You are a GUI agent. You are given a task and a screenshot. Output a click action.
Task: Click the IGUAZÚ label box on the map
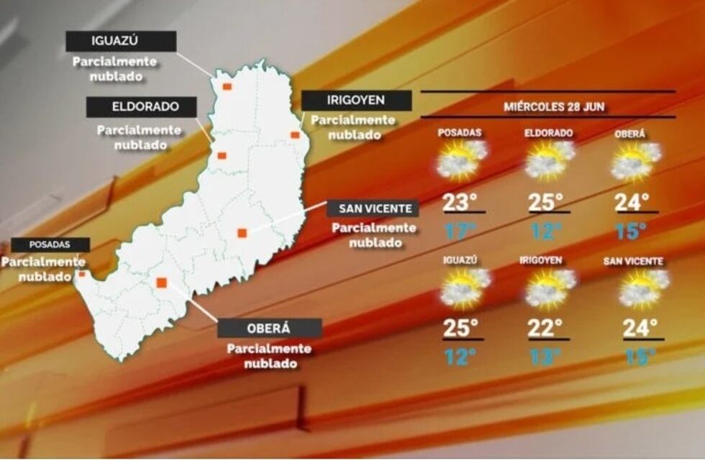[121, 41]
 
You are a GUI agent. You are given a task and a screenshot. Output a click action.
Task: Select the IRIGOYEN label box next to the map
[356, 101]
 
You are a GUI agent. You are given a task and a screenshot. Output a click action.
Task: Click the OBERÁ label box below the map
[270, 328]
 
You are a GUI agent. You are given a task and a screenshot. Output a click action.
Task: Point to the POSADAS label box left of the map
[50, 244]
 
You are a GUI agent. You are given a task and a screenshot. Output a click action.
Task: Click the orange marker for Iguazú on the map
[227, 86]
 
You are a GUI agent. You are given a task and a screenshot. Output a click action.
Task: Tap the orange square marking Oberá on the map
[162, 282]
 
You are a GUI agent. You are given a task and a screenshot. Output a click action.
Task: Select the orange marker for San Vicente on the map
[242, 232]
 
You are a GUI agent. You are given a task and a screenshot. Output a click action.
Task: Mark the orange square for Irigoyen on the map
[295, 134]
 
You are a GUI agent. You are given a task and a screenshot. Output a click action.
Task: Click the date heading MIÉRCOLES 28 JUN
[553, 107]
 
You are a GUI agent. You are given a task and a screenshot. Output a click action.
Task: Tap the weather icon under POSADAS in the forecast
[461, 160]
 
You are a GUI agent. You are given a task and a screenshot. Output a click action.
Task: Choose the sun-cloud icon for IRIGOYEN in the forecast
[550, 287]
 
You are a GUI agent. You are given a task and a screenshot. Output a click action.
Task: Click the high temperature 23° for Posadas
[460, 203]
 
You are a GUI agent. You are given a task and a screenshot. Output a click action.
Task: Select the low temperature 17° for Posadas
[460, 231]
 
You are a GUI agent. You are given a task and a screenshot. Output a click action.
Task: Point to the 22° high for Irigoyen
[545, 328]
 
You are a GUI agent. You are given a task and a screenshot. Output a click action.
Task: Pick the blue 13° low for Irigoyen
[545, 356]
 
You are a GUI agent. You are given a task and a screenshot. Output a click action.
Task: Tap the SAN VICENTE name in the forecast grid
[634, 262]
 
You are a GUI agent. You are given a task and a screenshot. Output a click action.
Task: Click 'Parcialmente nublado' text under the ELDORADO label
[140, 137]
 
